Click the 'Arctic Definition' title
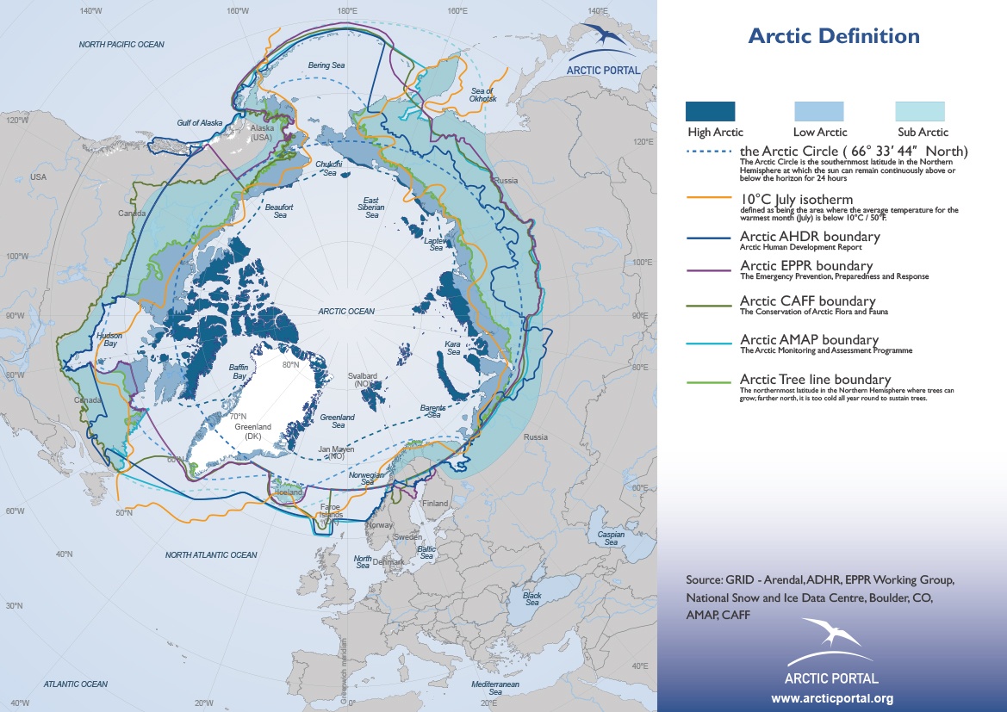(x=833, y=36)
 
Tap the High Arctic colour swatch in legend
(x=710, y=111)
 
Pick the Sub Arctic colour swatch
(x=920, y=111)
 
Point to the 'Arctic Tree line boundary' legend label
(x=815, y=380)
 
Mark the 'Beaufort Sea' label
(x=275, y=211)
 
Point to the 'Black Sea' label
(x=531, y=598)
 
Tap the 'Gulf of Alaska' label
(x=200, y=123)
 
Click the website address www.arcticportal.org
(x=831, y=698)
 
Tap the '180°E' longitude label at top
(x=347, y=11)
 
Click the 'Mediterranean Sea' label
(x=495, y=687)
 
